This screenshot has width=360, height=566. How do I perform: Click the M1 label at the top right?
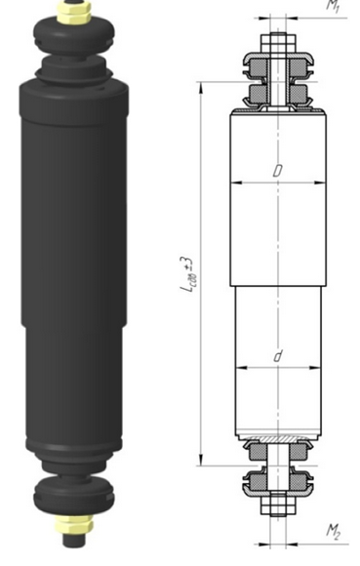tap(332, 5)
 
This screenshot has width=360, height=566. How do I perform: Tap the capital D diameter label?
tap(278, 170)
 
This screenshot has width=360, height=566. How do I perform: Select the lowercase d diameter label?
tap(278, 357)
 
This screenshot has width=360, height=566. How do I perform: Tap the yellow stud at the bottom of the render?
tap(74, 535)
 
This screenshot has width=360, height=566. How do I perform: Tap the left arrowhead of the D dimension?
tap(235, 182)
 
